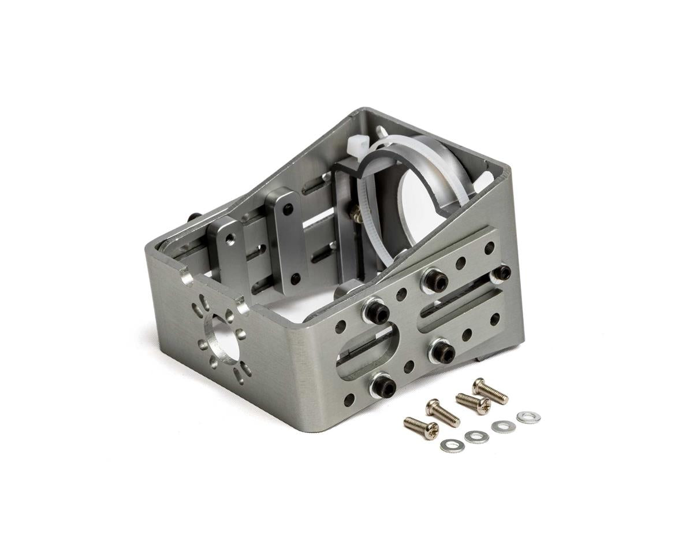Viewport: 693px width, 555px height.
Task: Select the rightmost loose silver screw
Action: [x=490, y=391]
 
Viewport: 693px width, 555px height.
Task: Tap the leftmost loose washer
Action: [x=452, y=446]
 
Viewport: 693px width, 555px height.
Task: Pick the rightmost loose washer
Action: [x=528, y=417]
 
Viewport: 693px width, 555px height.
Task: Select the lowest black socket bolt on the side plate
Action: [x=383, y=386]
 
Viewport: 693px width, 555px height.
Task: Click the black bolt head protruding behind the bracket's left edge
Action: [x=195, y=217]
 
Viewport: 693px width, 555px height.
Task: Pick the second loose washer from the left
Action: [x=476, y=437]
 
